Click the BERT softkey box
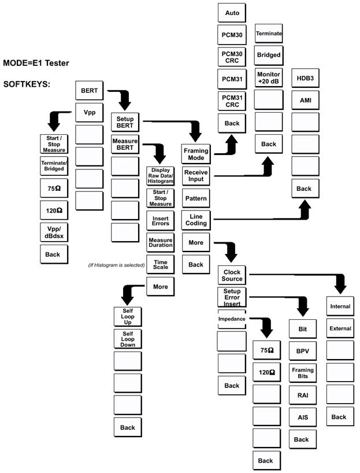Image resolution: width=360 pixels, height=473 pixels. tap(90, 91)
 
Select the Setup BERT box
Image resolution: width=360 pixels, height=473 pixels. tap(125, 123)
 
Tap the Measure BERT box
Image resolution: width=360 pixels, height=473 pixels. tap(125, 143)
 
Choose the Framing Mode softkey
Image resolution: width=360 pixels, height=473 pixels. tap(196, 154)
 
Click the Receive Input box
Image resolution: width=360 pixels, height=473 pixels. tap(196, 176)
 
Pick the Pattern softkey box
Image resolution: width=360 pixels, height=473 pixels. tap(196, 198)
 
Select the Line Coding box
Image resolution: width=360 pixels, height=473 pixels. tap(196, 220)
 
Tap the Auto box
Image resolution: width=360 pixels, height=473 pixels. tap(232, 12)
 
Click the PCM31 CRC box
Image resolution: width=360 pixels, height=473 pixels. tap(232, 101)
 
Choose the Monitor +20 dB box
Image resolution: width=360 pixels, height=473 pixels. tap(268, 78)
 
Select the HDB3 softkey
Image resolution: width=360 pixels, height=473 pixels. tap(305, 78)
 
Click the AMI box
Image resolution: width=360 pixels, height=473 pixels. tap(305, 100)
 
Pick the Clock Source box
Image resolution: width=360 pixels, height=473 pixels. tap(232, 275)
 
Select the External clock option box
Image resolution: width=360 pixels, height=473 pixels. tap(340, 328)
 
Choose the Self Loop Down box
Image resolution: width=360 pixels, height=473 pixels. tap(128, 339)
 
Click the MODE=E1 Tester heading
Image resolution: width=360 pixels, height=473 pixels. tap(36, 62)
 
